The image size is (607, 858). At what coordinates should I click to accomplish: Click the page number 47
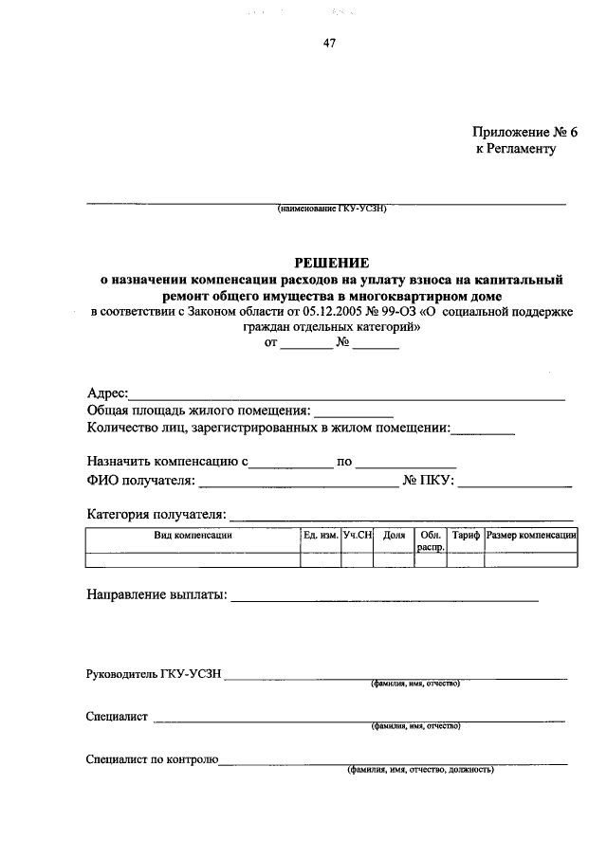[x=329, y=44]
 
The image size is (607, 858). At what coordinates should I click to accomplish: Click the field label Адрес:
[x=107, y=393]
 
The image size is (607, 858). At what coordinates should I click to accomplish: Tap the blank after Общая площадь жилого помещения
[x=353, y=411]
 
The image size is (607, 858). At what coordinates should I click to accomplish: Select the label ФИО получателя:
[x=140, y=481]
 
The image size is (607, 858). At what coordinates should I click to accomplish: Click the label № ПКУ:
[x=430, y=481]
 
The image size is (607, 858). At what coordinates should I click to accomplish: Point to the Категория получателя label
[x=156, y=515]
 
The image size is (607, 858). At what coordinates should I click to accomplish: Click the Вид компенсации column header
[x=193, y=536]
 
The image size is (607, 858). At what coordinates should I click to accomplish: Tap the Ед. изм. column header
[x=321, y=536]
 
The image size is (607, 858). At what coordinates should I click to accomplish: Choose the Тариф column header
[x=466, y=536]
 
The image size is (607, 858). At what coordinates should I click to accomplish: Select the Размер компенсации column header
[x=531, y=536]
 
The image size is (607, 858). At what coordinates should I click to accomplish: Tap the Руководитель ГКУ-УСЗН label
[x=154, y=674]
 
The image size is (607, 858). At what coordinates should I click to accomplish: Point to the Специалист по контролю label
[x=153, y=759]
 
